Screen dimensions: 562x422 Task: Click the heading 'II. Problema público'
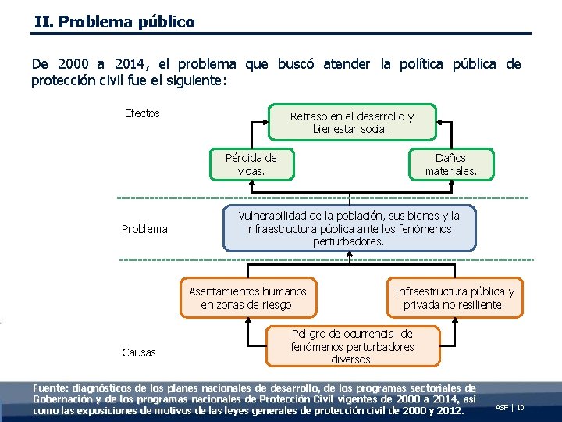[115, 22]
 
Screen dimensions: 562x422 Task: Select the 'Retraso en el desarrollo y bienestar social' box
[352, 122]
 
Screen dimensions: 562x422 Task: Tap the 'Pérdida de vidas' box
[251, 164]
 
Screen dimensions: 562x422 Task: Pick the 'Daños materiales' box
[450, 164]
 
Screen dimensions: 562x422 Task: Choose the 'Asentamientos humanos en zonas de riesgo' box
[248, 298]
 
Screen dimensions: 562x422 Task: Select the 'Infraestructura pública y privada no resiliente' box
[454, 298]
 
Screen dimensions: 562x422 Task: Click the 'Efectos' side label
[142, 114]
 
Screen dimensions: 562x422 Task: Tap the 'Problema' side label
[144, 229]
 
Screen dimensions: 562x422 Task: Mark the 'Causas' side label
[139, 352]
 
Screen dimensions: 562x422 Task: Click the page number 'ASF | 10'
[510, 408]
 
